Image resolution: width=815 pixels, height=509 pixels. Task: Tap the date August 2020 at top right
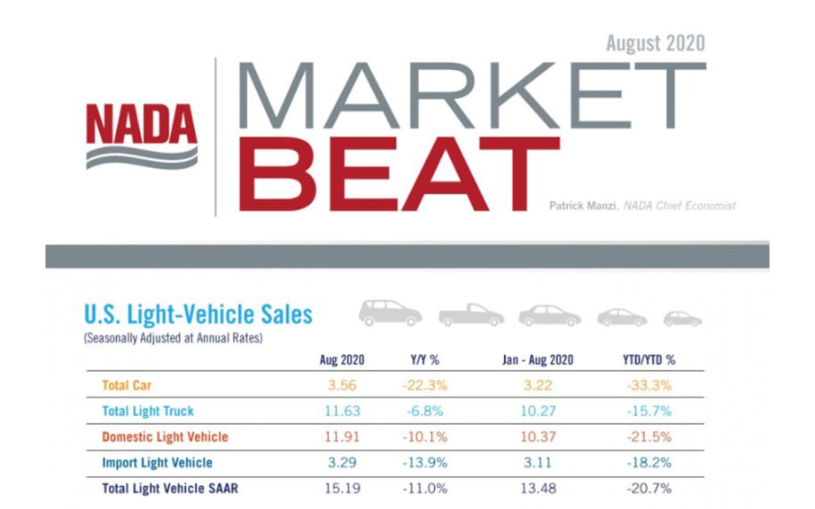pos(656,42)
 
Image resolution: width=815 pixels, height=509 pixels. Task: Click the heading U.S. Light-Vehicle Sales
pos(198,314)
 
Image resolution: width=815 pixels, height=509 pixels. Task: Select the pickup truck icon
pos(470,314)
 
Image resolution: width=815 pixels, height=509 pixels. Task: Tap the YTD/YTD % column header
pos(648,360)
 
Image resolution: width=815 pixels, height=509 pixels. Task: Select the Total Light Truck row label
pos(148,412)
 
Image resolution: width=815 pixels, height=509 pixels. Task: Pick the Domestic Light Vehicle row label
pos(165,436)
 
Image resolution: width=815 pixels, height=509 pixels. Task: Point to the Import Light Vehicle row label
pos(158,462)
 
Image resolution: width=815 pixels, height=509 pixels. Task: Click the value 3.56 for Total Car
pos(341,386)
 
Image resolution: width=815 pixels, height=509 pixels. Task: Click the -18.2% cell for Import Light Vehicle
pos(648,462)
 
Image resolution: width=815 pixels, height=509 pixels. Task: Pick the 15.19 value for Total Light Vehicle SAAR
pos(341,488)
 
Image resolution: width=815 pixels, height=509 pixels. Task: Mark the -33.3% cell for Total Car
pos(648,386)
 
